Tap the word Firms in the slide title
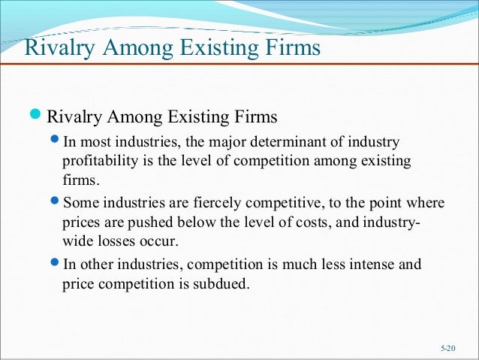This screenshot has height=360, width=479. pos(290,49)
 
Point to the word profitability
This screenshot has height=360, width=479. pos(98,162)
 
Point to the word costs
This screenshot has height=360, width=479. pos(298,222)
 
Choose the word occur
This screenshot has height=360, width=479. pos(164,241)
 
